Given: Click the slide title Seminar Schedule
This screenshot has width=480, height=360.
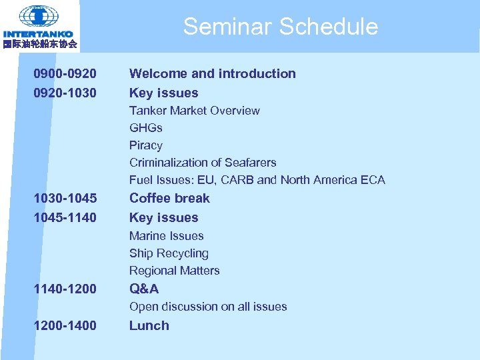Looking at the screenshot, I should [x=280, y=27].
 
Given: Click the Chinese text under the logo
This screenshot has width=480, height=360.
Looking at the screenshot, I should [x=39, y=44].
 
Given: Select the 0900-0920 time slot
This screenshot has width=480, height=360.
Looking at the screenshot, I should [x=65, y=74].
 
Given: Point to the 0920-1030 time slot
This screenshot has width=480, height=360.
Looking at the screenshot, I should [x=65, y=93].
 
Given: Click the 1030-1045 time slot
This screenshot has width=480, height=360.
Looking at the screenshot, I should [x=65, y=199].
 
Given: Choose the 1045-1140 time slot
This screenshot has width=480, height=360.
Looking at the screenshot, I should [x=65, y=218].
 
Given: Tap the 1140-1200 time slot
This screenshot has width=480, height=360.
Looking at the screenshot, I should [x=65, y=289].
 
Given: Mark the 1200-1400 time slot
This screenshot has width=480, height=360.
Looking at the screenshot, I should [x=65, y=326].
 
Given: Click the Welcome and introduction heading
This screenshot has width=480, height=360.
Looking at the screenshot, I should [x=212, y=74].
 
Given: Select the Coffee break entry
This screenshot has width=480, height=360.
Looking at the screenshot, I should [x=169, y=199].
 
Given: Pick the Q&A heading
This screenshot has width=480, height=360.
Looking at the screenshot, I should [x=144, y=289].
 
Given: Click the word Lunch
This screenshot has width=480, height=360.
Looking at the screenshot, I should [x=149, y=326].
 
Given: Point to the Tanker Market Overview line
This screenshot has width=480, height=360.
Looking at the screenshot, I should [x=194, y=111].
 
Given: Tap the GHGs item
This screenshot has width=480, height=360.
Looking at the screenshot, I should [x=145, y=128].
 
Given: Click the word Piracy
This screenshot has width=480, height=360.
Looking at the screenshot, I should [x=145, y=145].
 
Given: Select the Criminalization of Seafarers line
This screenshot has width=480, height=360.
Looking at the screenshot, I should [x=202, y=163].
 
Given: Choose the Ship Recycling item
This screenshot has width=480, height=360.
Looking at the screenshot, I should [x=169, y=253].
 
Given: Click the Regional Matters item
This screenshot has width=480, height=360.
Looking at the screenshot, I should [x=174, y=271].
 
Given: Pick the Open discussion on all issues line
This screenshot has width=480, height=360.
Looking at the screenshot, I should [x=208, y=307].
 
